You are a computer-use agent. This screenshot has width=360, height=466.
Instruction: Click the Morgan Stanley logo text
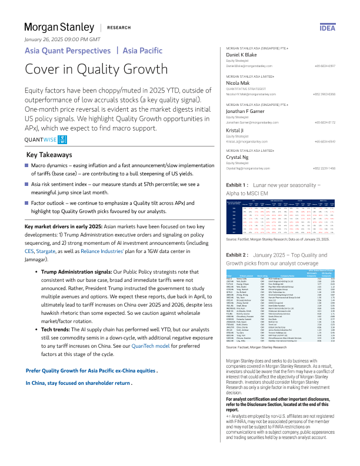click(x=59, y=28)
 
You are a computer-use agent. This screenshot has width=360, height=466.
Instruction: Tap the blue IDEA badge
click(x=344, y=27)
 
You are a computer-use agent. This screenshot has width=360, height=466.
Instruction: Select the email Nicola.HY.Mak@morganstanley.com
click(x=246, y=93)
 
